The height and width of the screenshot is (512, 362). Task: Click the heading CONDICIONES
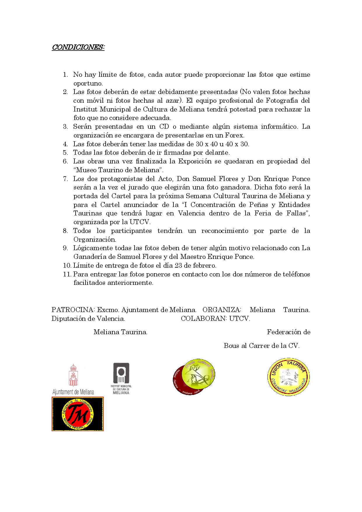click(x=78, y=47)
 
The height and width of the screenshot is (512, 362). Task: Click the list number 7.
click(x=65, y=179)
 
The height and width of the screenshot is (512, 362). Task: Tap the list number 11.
click(x=67, y=274)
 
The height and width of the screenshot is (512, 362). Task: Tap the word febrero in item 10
click(x=204, y=266)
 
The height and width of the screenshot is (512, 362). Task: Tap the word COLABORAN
click(x=204, y=318)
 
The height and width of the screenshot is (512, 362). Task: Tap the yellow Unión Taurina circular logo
click(x=288, y=377)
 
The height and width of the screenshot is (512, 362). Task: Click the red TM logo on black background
click(x=78, y=414)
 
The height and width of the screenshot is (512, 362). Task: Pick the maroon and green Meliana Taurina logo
click(x=194, y=377)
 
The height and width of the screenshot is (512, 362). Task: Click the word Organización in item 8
click(x=95, y=240)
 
